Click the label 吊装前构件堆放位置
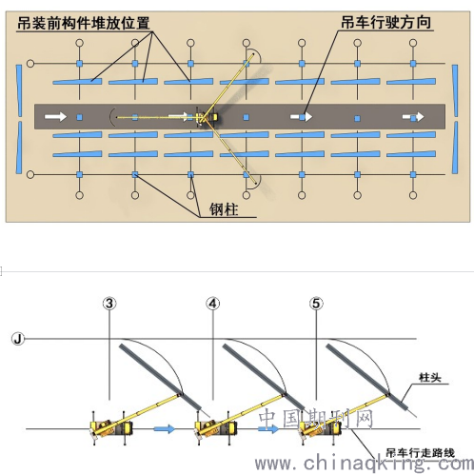[x=83, y=23]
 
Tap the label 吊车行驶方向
[x=386, y=22]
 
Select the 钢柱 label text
[x=224, y=209]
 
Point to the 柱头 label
[x=430, y=378]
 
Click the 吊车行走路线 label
[x=420, y=453]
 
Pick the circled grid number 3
[x=109, y=304]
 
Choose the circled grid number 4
[x=213, y=304]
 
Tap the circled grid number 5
[x=316, y=304]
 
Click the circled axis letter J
[x=18, y=339]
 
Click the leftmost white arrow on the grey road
[x=55, y=116]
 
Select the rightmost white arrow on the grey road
[x=413, y=117]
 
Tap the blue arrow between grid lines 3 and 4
[x=165, y=429]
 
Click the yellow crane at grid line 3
[x=111, y=427]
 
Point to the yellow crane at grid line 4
[x=216, y=427]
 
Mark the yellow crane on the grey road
[x=207, y=117]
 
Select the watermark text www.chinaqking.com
[x=365, y=464]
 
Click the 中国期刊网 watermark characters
[x=316, y=418]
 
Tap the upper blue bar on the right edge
[x=455, y=90]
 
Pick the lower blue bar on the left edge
[x=19, y=148]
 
